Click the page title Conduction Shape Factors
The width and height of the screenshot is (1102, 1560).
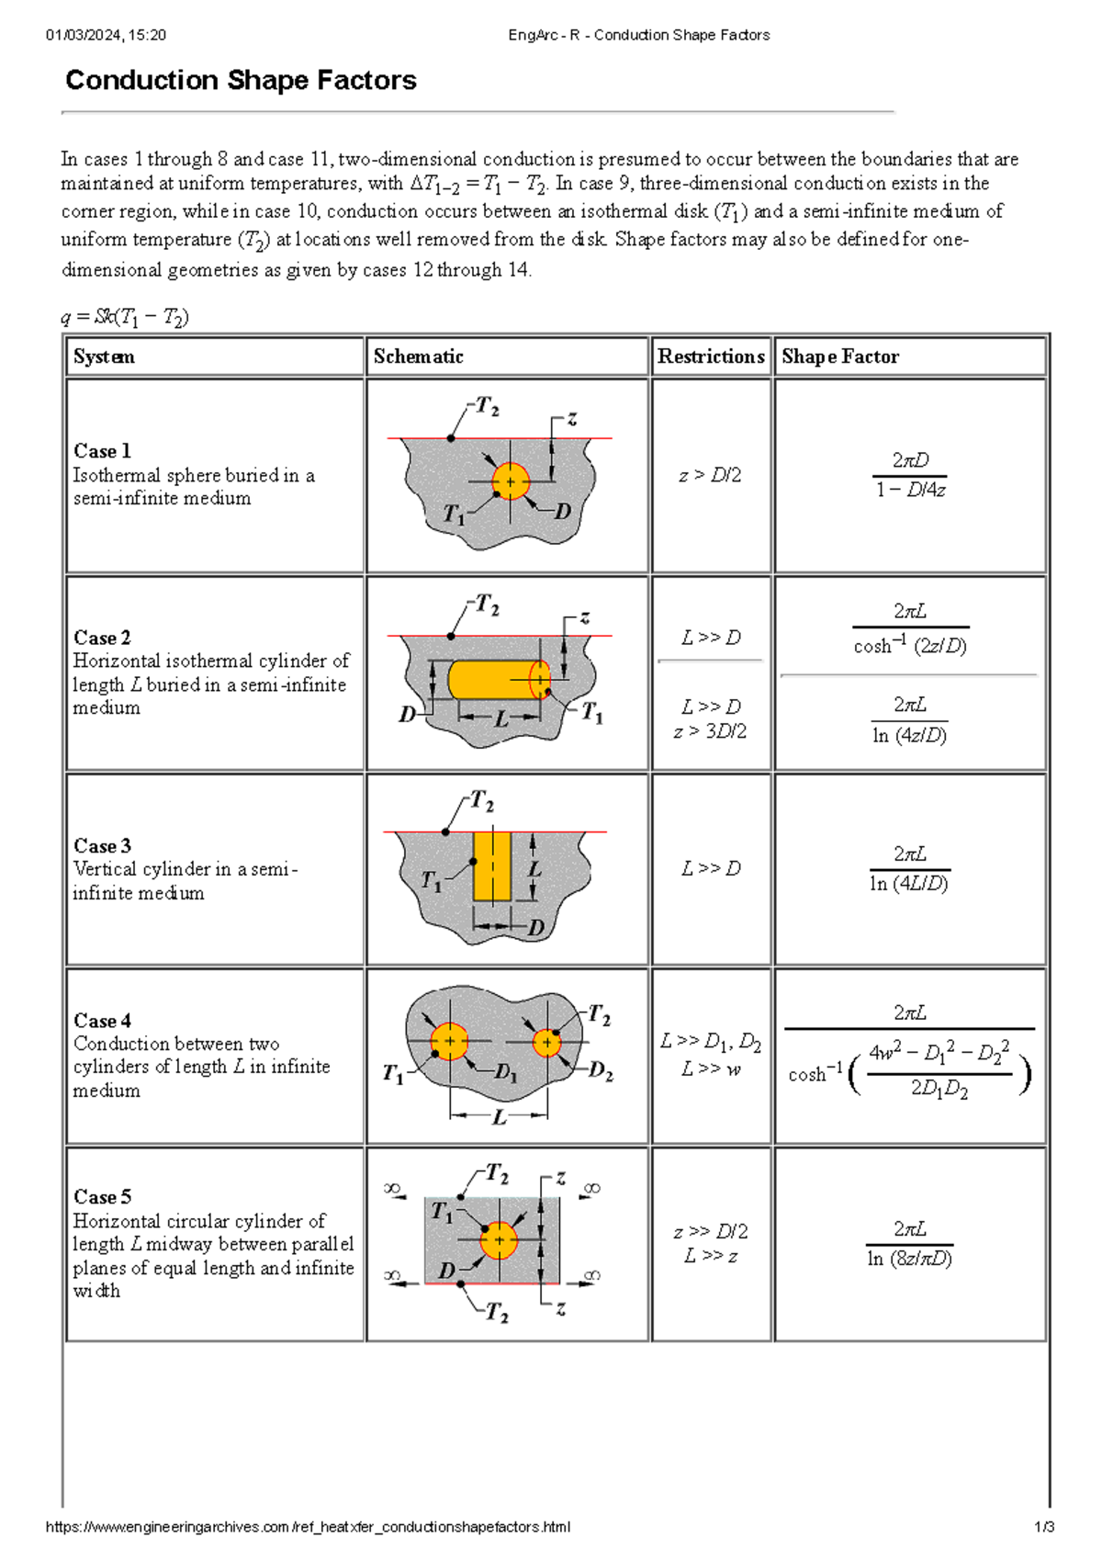coord(241,81)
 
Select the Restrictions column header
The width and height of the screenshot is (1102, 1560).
coord(711,356)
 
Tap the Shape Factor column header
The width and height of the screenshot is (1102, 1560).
coord(839,356)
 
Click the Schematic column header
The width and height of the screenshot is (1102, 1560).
coord(418,356)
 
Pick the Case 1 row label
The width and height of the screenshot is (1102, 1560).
coord(102,451)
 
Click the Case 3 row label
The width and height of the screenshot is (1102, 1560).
coord(102,845)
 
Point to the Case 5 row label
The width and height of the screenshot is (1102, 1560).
coord(102,1196)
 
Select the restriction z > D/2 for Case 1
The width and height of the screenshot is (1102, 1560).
coord(710,475)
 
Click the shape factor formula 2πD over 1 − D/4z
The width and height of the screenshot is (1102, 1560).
coord(909,475)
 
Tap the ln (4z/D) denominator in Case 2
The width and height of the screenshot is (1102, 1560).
coord(909,735)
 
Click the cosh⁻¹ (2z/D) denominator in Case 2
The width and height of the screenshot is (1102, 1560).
coord(909,646)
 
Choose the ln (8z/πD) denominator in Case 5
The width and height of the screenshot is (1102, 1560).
coord(909,1259)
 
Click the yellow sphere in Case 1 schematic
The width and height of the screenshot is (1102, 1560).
coord(511,481)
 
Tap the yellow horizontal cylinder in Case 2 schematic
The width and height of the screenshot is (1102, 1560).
coord(496,680)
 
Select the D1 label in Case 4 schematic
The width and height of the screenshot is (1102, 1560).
coord(506,1071)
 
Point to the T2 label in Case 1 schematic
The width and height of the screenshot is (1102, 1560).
coord(487,407)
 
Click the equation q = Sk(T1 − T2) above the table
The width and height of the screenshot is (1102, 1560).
coord(125,317)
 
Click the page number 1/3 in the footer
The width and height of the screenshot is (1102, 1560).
coord(1044,1527)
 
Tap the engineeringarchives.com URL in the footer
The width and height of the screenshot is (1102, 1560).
coord(308,1527)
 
